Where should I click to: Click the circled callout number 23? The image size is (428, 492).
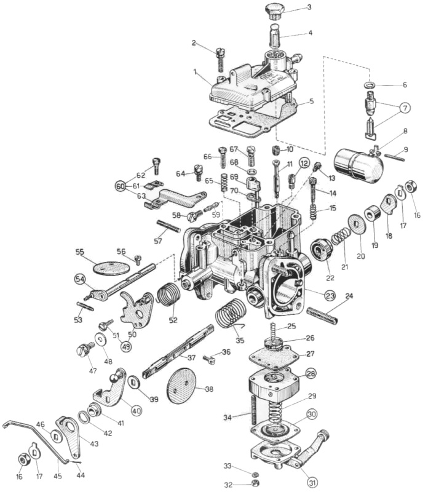330,295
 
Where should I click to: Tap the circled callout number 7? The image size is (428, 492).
405,108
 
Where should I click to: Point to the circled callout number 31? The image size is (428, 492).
313,482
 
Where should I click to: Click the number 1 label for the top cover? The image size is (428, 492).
195,72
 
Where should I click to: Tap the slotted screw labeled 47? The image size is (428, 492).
85,350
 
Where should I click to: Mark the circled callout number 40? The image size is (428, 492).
137,410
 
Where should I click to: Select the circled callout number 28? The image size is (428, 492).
311,373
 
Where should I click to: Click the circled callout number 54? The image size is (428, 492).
80,279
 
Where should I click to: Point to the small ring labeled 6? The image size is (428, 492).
371,85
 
